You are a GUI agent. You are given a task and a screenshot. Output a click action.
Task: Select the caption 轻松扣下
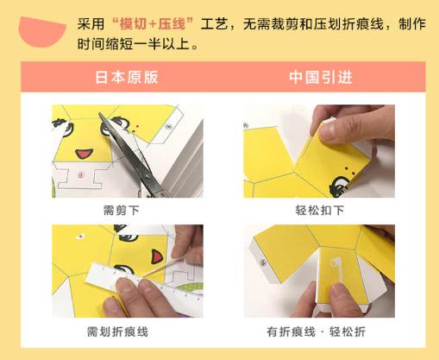[x=320, y=209]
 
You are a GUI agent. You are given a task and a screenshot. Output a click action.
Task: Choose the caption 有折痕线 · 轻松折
[x=320, y=331]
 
